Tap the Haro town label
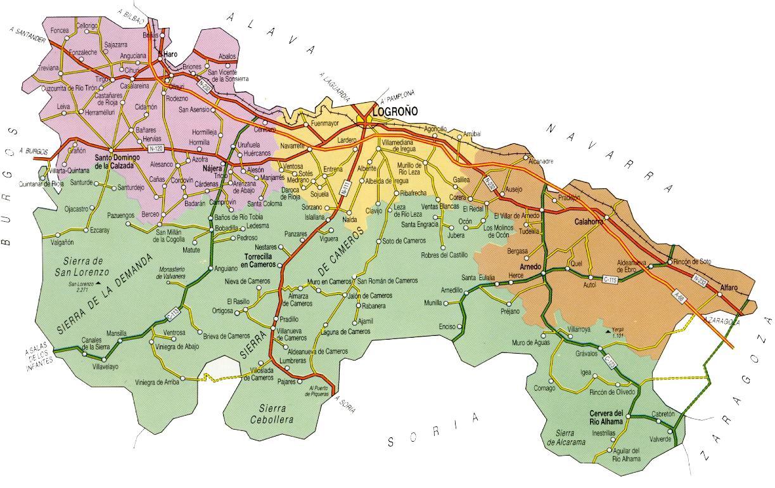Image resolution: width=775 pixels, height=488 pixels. click(x=170, y=55)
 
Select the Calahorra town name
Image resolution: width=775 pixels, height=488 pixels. click(x=589, y=222)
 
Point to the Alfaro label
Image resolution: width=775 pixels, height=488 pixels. click(x=729, y=288)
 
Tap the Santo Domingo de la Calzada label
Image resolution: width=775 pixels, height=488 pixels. click(x=114, y=161)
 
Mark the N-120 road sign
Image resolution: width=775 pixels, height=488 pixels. click(x=157, y=148)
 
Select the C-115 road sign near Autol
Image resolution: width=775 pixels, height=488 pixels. click(x=610, y=279)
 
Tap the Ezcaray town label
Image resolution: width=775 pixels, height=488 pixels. click(x=99, y=230)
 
